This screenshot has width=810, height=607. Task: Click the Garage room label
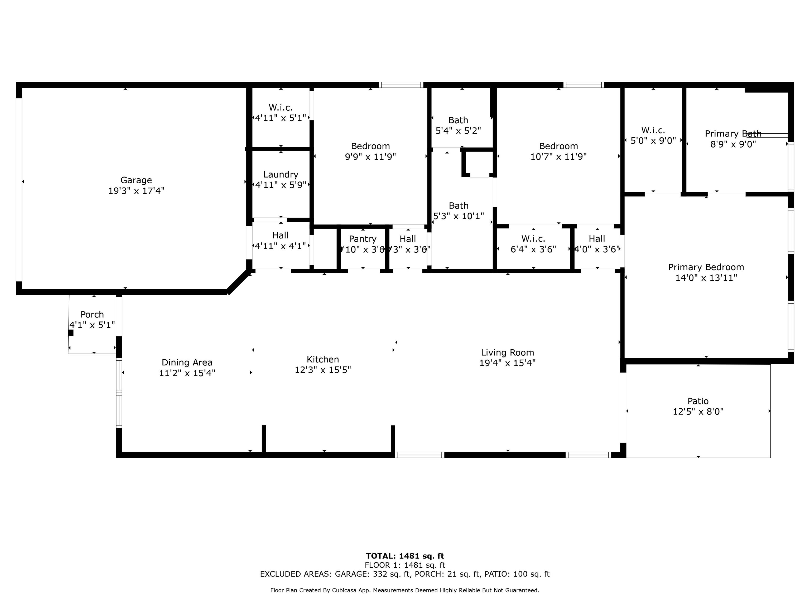pos(136,180)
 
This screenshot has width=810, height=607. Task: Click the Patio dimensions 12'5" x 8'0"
pos(698,412)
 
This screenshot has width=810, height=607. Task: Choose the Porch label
pos(92,314)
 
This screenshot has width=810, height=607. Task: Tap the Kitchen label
pos(323,359)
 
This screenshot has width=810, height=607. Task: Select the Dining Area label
pos(187,363)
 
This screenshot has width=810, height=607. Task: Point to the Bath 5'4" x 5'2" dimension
pos(458,131)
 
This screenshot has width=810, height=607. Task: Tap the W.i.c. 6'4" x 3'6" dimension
pos(533,249)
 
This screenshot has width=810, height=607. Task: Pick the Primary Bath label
pos(733,134)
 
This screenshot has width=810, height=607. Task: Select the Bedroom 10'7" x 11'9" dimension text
pos(558,156)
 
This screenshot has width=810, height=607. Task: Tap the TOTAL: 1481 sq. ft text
pos(405,556)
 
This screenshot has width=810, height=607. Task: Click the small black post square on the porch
pos(71,332)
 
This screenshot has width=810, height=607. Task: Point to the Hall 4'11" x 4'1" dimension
pos(281,246)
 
